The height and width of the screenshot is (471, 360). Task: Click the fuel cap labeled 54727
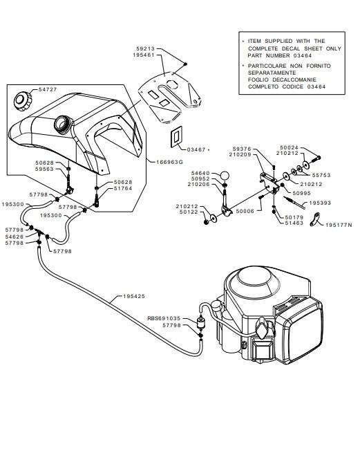pyautogui.click(x=23, y=102)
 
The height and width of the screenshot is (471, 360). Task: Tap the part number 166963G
pyautogui.click(x=169, y=163)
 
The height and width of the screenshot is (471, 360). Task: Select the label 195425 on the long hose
pyautogui.click(x=134, y=296)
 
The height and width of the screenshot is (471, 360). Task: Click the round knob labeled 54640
pyautogui.click(x=225, y=175)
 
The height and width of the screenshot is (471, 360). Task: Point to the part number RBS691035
pyautogui.click(x=164, y=318)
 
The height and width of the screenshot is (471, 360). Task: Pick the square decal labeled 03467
pyautogui.click(x=176, y=137)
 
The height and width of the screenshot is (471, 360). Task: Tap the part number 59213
pyautogui.click(x=146, y=48)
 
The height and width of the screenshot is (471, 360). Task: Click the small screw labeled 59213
pyautogui.click(x=185, y=64)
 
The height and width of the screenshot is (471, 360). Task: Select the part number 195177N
pyautogui.click(x=339, y=225)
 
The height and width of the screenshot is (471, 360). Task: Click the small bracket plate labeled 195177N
pyautogui.click(x=315, y=219)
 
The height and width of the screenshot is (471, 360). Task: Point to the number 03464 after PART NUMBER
pyautogui.click(x=303, y=55)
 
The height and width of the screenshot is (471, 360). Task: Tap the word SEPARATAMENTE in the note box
pyautogui.click(x=272, y=73)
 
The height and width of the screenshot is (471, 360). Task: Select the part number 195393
pyautogui.click(x=320, y=203)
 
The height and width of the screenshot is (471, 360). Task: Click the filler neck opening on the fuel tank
pyautogui.click(x=64, y=123)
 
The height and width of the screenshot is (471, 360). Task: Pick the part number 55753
pyautogui.click(x=321, y=175)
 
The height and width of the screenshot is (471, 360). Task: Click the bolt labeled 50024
pyautogui.click(x=314, y=158)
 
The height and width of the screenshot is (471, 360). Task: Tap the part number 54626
pyautogui.click(x=15, y=237)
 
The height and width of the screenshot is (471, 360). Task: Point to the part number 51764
pyautogui.click(x=123, y=188)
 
